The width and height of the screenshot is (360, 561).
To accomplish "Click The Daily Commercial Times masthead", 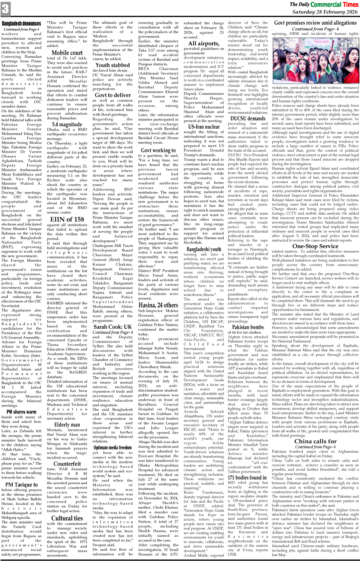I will pos(324,4).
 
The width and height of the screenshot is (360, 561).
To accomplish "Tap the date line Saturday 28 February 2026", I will pos(325,12).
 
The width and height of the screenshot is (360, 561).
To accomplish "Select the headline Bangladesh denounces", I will pos(22,24).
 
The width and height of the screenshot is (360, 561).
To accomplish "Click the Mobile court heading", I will pos(67,53).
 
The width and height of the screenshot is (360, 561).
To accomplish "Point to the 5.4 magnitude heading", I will pos(67,124).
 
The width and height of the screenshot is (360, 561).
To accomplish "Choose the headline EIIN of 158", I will pos(67,219).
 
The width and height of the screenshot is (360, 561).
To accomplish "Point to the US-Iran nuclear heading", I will pos(204,126).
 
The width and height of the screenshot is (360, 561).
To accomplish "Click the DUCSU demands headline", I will pos(248,118).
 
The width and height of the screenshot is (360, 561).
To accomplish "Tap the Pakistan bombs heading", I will pos(248,327).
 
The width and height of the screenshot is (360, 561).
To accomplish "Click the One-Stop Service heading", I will pos(315,246).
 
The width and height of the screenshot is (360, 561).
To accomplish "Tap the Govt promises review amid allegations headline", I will pos(315,23).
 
